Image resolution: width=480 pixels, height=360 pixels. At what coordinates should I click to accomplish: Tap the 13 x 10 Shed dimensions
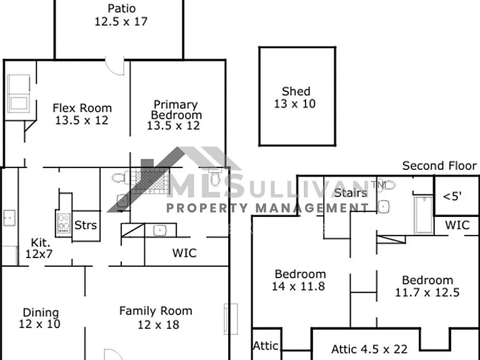coord(294,104)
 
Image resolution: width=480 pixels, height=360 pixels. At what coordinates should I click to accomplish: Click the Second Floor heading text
coord(439,166)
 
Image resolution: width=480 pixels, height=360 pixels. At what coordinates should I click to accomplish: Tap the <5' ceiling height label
coord(452,196)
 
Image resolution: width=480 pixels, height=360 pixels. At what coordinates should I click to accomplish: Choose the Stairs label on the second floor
coord(351,193)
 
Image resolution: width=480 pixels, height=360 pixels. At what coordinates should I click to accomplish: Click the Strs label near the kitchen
coord(86,225)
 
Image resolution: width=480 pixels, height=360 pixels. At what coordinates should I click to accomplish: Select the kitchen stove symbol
coord(63,223)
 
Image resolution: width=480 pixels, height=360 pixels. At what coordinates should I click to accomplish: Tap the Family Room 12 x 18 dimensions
coord(158,324)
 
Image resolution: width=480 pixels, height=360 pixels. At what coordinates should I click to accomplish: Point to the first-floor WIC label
coord(184,253)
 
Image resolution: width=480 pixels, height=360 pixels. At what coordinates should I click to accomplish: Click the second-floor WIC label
coord(457,225)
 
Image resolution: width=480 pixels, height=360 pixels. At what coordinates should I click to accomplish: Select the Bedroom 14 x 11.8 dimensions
coord(299,286)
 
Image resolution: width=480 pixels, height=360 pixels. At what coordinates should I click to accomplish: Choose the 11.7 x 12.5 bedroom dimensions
coord(427,292)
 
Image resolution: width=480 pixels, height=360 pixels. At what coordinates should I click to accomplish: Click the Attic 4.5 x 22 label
coord(369,349)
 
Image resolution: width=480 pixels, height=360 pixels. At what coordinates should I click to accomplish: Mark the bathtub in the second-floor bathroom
coord(424,214)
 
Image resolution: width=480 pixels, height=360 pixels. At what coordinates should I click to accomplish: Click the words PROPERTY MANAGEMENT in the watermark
coord(267,208)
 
